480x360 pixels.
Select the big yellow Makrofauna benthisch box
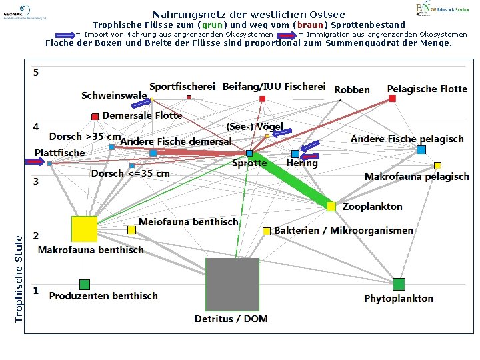tap(85, 229)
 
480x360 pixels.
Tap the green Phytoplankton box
tap(399, 284)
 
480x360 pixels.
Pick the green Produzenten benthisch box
tap(84, 285)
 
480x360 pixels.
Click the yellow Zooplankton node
tap(331, 207)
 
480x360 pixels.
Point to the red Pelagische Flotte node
tap(392, 99)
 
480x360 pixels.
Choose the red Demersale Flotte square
tap(95, 117)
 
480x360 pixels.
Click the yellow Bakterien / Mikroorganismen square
tap(267, 231)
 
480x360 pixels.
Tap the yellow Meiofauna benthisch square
tap(131, 230)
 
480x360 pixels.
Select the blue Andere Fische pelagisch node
tap(421, 150)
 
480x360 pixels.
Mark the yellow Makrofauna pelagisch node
tap(437, 165)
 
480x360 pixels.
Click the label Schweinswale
tap(114, 95)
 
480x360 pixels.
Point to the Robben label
tap(352, 89)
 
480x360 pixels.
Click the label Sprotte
tap(249, 163)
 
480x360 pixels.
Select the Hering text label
tap(302, 163)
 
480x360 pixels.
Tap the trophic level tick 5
tap(36, 72)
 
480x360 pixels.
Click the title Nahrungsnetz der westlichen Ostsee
tap(249, 14)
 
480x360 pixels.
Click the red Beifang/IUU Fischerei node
tap(262, 99)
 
